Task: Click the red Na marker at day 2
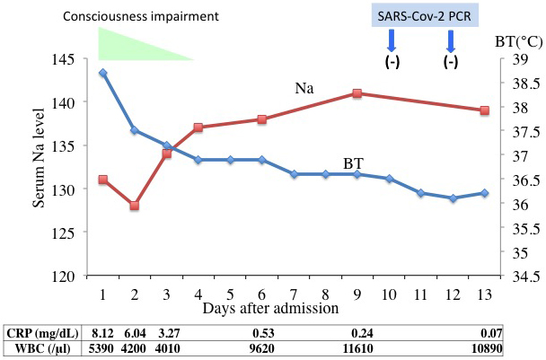coord(135,206)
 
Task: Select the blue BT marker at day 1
coord(102,73)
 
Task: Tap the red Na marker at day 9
coord(357,93)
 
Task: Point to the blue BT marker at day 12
coord(453,198)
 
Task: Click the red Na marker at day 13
coord(484,110)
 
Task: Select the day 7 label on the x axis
coord(294,294)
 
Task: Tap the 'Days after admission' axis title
coord(270,309)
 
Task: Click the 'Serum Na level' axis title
coord(39,158)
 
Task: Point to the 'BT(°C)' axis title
coord(519,42)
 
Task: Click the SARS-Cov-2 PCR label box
coord(425,15)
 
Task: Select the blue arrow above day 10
coord(392,40)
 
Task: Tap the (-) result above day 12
coord(451,62)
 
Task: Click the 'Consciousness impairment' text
coord(141,16)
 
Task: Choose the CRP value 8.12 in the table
coord(102,334)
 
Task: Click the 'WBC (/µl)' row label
coord(42,348)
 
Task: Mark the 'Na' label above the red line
coord(304,89)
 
